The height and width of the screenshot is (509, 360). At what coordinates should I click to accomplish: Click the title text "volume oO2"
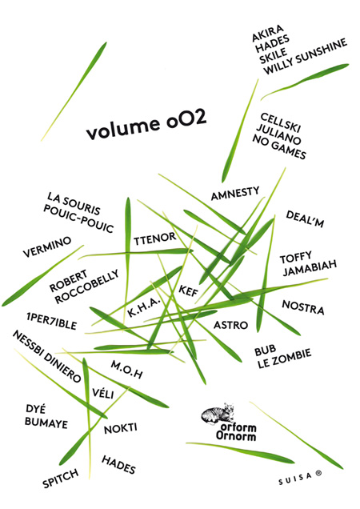[146, 125]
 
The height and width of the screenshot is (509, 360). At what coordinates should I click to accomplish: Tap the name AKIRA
[267, 33]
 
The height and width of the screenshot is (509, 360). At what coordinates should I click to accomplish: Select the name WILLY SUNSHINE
[305, 57]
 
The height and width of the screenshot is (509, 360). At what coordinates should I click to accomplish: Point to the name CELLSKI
[281, 122]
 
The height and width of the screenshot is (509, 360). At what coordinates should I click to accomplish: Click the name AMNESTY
[235, 193]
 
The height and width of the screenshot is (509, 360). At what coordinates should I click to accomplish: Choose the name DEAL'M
[305, 219]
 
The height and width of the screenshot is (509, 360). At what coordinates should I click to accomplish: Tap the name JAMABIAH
[310, 268]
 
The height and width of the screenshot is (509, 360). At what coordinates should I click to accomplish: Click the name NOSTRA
[303, 307]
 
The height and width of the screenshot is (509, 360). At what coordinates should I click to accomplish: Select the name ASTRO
[231, 325]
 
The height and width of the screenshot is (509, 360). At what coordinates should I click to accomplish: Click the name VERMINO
[47, 246]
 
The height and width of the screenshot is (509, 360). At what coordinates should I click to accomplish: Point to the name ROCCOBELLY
[86, 287]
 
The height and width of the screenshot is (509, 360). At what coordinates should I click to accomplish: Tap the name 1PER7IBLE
[52, 321]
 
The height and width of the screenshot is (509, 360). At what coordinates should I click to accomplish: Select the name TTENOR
[155, 238]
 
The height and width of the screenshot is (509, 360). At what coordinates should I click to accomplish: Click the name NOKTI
[120, 428]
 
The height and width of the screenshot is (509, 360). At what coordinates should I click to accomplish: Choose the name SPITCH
[61, 478]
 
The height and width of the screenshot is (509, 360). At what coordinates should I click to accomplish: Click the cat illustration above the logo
[218, 413]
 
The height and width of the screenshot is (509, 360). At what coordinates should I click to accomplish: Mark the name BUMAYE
[46, 422]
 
